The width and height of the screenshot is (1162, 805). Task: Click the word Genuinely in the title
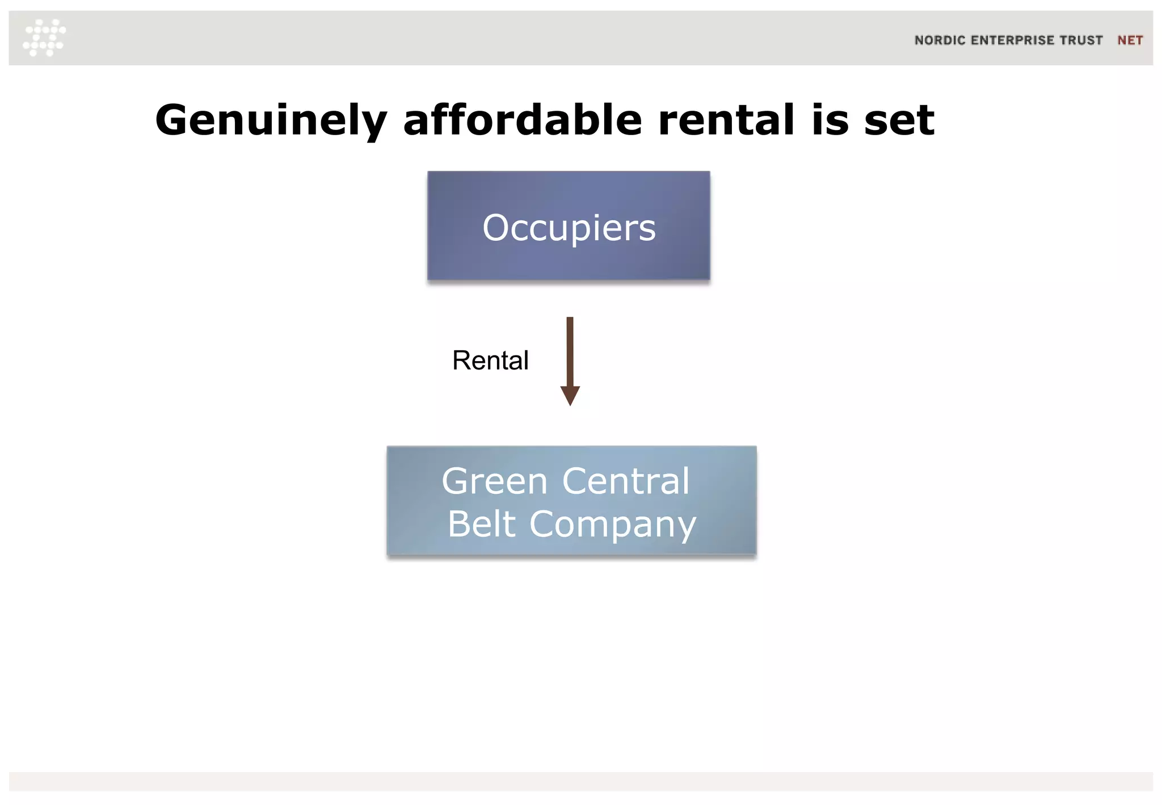click(x=271, y=120)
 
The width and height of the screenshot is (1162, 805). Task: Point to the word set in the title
click(x=899, y=120)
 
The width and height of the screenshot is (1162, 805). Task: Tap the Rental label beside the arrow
click(x=490, y=360)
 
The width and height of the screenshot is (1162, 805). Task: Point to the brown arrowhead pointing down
click(x=570, y=395)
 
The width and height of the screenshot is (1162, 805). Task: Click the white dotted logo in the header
click(x=44, y=37)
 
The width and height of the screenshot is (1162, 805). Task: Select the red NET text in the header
click(x=1130, y=40)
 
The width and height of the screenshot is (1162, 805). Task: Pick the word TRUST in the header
click(x=1081, y=40)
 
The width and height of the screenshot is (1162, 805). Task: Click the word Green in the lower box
click(x=494, y=481)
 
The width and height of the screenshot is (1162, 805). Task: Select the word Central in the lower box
click(x=625, y=481)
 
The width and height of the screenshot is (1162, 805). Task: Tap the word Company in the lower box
click(x=612, y=525)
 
